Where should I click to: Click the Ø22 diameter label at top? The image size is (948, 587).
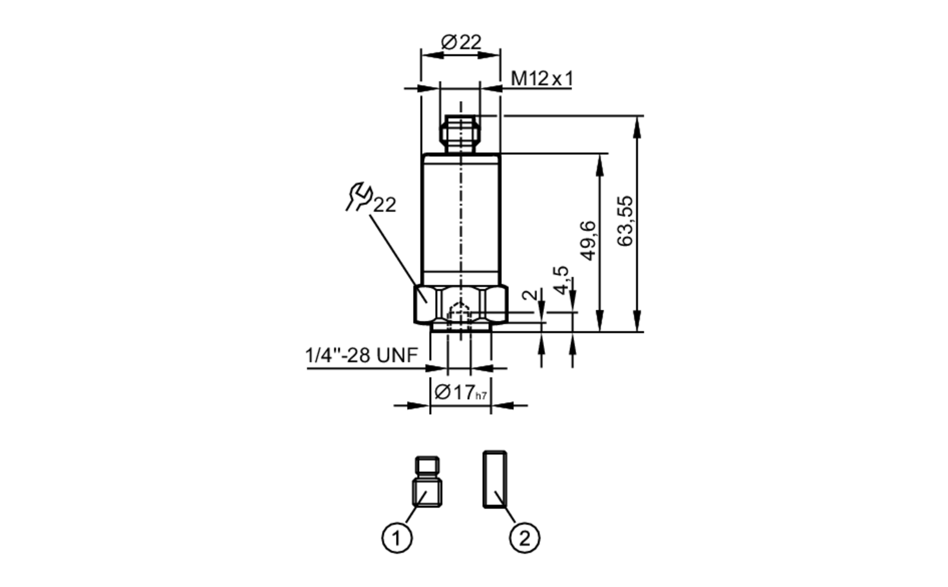coord(461,43)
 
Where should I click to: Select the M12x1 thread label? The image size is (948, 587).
coord(542,79)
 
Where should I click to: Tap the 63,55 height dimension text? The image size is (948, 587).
coord(626,221)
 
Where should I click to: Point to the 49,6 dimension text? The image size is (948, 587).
coord(588,240)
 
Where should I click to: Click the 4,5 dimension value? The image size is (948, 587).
coord(561,280)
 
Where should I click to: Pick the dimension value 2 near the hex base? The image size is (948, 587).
coord(531,294)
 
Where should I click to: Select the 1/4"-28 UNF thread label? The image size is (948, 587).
coord(361,355)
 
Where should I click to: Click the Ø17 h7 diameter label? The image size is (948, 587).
coord(460,393)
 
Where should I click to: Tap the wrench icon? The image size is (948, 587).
coord(358,196)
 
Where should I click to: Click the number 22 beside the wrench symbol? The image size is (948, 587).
coord(384,205)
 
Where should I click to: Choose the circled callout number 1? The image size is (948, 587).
coord(397,538)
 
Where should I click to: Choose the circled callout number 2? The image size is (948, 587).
coord(524,538)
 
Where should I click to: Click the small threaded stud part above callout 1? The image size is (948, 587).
coord(427,481)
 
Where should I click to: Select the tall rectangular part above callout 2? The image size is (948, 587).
coord(495,479)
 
